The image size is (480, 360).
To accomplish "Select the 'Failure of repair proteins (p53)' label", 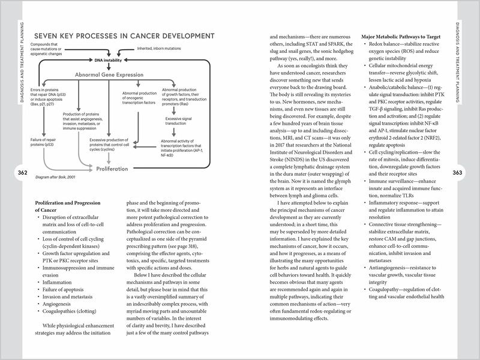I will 46,142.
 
